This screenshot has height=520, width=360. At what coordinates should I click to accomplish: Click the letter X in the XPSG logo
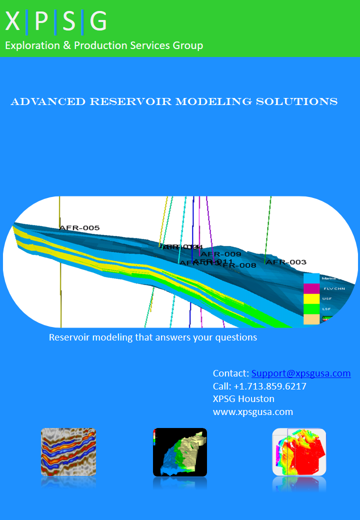(13, 22)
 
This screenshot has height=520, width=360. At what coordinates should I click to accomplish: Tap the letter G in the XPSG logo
(98, 22)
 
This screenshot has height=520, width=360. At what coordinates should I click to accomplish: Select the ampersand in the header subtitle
(67, 45)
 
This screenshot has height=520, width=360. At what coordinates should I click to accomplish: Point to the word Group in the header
(188, 45)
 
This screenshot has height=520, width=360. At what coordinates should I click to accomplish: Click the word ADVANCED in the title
(48, 101)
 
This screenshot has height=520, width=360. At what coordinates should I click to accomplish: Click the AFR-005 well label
(79, 228)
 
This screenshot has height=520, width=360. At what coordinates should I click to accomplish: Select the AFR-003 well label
(286, 262)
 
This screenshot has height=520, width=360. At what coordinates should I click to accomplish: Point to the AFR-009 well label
(221, 254)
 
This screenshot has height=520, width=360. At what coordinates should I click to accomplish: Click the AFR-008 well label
(239, 265)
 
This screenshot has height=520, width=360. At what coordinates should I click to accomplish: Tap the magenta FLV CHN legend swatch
(311, 288)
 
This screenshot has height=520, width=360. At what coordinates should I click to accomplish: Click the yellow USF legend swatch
(311, 299)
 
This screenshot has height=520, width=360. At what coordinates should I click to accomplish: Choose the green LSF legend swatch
(311, 309)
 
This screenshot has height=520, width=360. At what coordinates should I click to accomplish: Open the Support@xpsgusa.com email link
(301, 373)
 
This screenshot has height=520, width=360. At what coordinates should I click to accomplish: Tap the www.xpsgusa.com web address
(252, 412)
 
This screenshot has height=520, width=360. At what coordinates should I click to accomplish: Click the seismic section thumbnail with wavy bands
(68, 451)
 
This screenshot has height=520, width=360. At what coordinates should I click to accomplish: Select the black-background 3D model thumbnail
(180, 452)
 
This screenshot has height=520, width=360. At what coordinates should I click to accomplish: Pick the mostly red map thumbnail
(299, 452)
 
